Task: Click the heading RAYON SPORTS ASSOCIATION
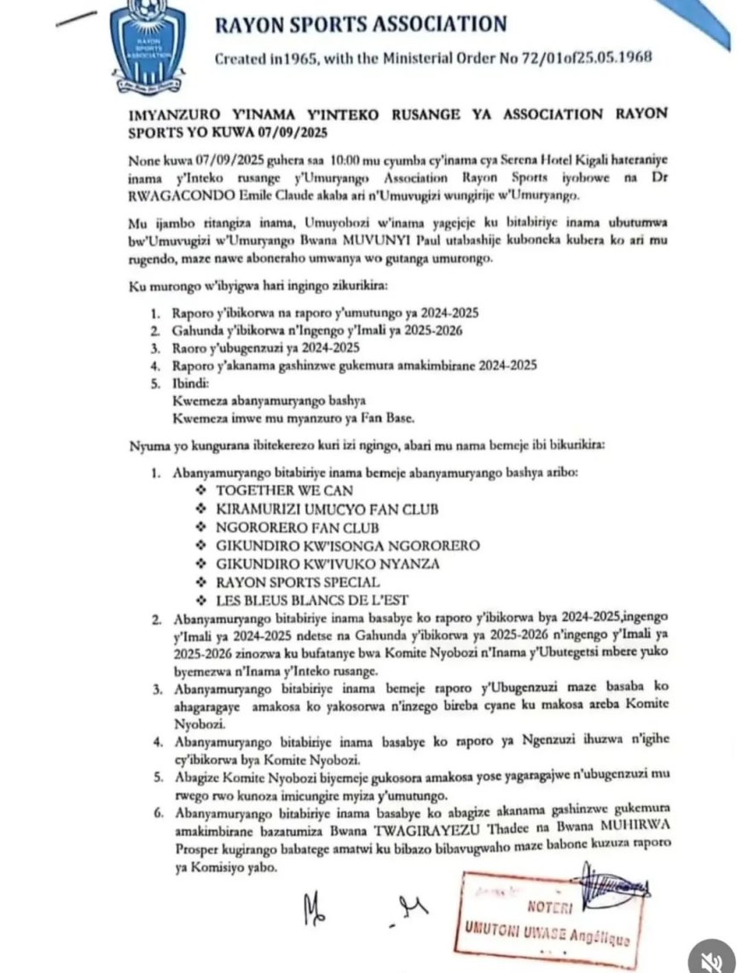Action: (x=361, y=24)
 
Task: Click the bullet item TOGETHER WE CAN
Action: (x=284, y=491)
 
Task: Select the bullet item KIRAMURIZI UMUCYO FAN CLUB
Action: (x=328, y=510)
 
